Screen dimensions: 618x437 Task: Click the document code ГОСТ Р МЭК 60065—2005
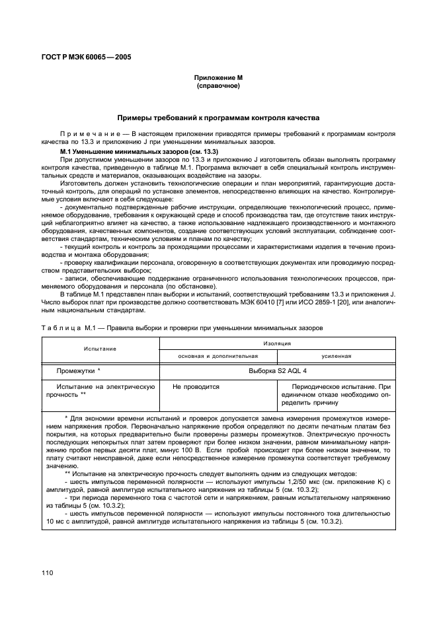click(x=87, y=57)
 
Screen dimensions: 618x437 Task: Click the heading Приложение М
click(x=218, y=78)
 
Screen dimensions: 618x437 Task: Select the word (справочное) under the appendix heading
click(x=218, y=86)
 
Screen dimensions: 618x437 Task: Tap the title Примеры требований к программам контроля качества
click(x=218, y=118)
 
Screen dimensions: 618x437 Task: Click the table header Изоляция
click(x=277, y=343)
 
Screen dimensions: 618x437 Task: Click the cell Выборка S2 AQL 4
click(x=277, y=371)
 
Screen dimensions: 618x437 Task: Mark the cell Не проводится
click(x=196, y=386)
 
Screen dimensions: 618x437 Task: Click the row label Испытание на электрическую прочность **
click(x=100, y=390)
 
